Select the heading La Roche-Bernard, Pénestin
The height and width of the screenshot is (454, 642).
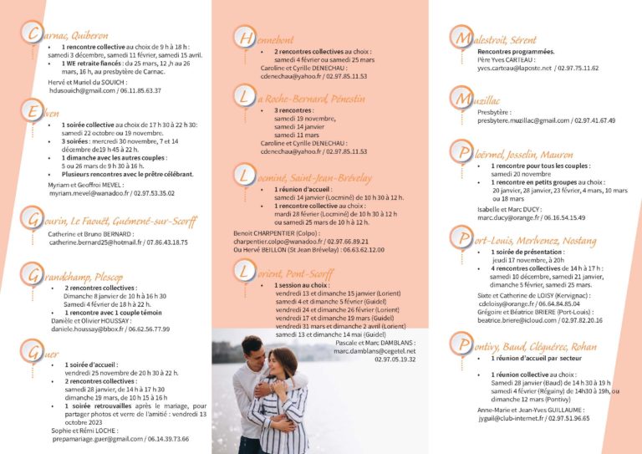(x=310, y=99)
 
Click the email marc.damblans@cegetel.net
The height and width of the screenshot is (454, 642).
(x=374, y=351)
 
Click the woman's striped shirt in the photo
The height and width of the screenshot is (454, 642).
(x=284, y=410)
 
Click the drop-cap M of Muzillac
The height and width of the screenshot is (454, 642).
(x=460, y=99)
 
